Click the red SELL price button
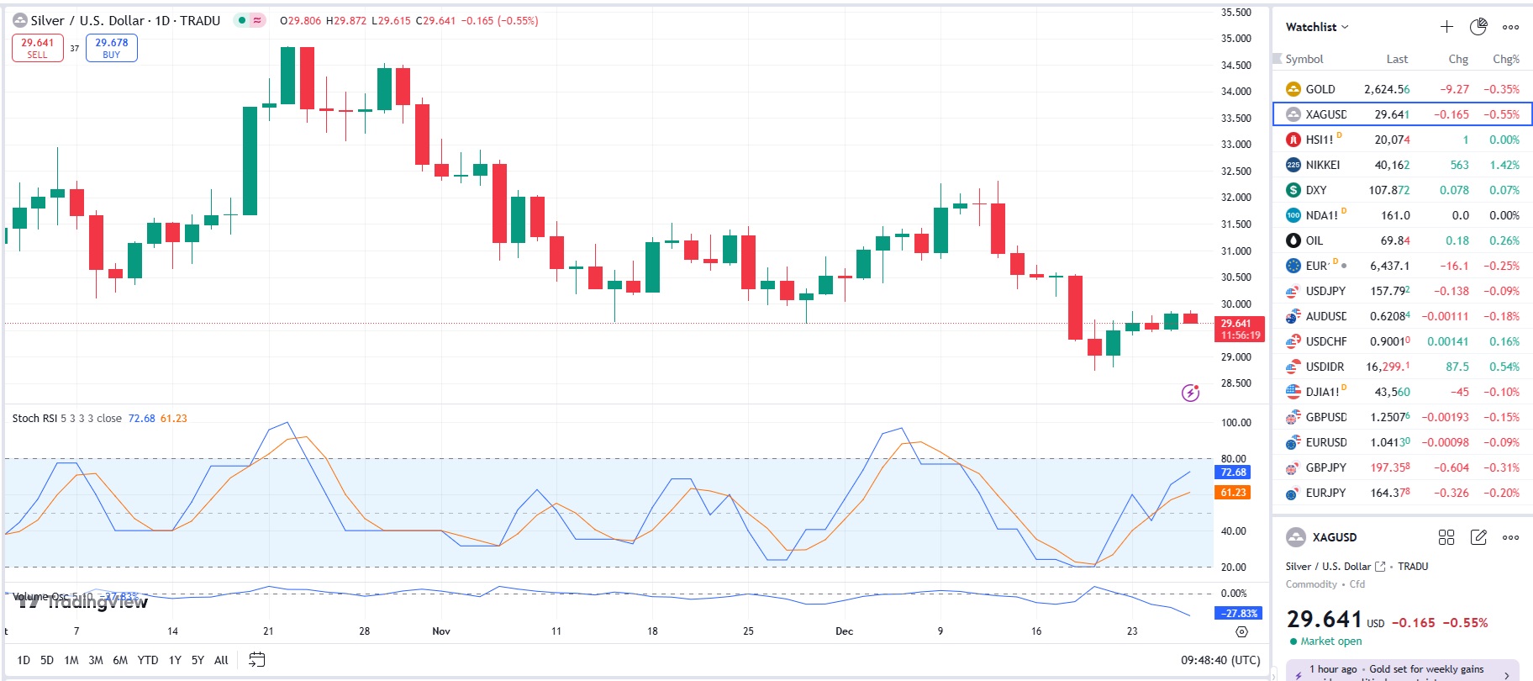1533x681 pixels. tap(37, 48)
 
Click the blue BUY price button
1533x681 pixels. tap(111, 48)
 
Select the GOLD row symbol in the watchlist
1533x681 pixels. tap(1320, 89)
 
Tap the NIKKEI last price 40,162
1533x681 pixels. tap(1392, 165)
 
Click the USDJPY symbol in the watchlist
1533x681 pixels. tap(1325, 291)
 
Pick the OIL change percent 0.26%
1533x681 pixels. tap(1504, 240)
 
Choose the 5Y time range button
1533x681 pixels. tap(198, 660)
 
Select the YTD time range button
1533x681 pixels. tap(148, 660)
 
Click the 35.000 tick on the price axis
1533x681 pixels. tap(1235, 39)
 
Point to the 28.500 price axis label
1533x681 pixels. tap(1235, 383)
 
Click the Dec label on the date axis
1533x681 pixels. tap(844, 631)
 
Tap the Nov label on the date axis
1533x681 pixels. tap(441, 631)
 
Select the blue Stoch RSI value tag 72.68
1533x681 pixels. tap(1233, 472)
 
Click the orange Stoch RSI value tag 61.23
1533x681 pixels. tap(1233, 493)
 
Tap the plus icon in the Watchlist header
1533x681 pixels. tap(1446, 27)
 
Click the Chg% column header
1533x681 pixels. tap(1505, 59)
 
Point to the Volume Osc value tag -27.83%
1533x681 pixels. tap(1240, 614)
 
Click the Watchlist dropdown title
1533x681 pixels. tap(1316, 27)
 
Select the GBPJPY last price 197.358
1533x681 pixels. tap(1390, 467)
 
